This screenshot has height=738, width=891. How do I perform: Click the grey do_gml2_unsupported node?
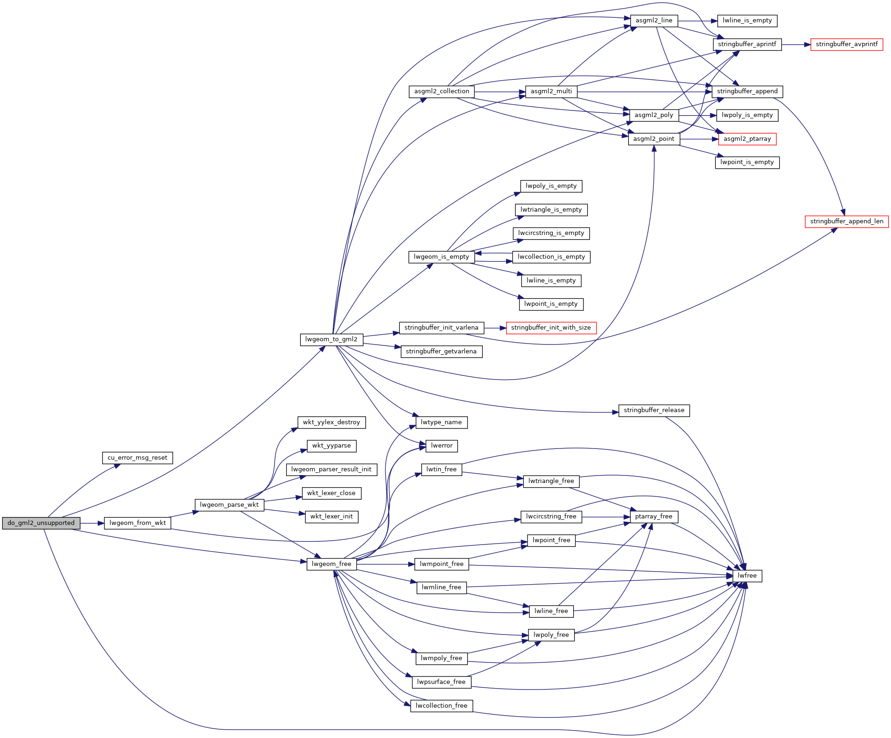(x=41, y=523)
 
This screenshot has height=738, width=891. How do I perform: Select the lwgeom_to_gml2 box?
(x=331, y=339)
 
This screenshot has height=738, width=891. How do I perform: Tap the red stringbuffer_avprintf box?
(x=846, y=45)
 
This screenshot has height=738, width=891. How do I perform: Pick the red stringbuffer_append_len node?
(x=846, y=221)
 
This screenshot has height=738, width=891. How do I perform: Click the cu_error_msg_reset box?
(x=137, y=458)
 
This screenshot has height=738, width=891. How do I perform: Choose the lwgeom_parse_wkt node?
(x=229, y=505)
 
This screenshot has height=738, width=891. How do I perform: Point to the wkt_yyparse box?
(x=331, y=446)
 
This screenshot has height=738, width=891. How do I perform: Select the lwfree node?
(x=747, y=576)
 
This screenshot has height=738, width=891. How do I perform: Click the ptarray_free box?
(x=653, y=517)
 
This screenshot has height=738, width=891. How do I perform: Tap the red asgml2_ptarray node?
(x=747, y=139)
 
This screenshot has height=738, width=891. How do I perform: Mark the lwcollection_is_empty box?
(x=551, y=257)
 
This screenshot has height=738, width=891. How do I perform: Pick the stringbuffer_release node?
(x=654, y=410)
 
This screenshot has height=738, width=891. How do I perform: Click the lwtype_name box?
(x=441, y=422)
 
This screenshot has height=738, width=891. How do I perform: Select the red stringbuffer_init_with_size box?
(x=551, y=328)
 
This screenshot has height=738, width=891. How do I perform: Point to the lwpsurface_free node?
(x=441, y=682)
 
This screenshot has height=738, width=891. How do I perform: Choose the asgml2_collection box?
(x=441, y=91)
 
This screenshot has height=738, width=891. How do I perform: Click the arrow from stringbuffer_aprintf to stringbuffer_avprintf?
(x=796, y=45)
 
